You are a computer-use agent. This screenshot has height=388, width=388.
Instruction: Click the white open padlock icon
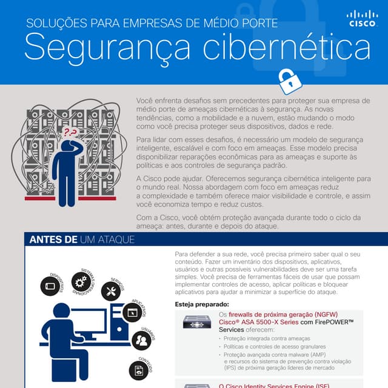point(289,81)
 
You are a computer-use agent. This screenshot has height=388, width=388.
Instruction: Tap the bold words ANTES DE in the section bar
point(53,240)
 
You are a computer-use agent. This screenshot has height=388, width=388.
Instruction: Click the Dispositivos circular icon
point(50,286)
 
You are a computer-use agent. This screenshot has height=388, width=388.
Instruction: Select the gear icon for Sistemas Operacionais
point(80,281)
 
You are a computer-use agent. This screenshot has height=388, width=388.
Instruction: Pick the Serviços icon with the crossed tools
point(111,292)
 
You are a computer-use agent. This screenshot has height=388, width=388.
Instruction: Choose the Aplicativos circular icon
point(132,313)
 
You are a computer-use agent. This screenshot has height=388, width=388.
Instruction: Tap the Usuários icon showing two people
point(142,340)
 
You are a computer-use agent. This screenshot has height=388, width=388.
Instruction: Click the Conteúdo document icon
point(139,369)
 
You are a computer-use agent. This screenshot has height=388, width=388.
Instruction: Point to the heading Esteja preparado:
point(202,304)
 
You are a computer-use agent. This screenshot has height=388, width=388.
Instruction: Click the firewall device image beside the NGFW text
point(196,322)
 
